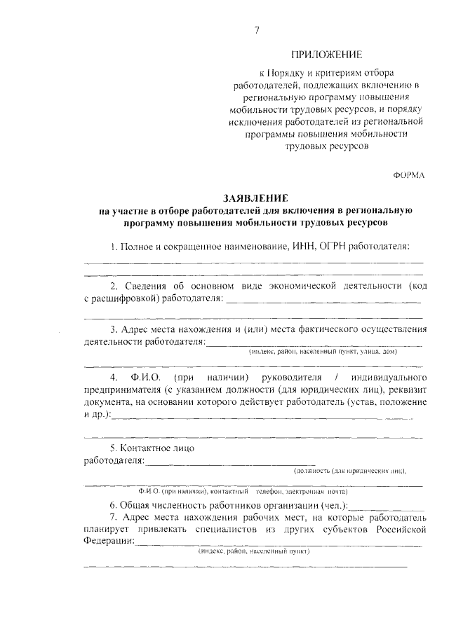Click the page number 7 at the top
click(x=257, y=29)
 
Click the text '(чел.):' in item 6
click(x=330, y=504)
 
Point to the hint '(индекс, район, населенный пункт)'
click(x=254, y=551)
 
